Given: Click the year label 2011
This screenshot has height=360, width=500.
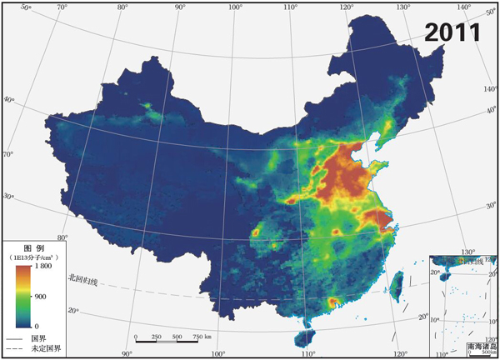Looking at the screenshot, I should point(452,32).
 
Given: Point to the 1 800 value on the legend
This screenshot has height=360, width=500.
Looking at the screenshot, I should point(44,267).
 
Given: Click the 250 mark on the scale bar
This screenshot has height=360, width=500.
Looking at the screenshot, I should point(157,337).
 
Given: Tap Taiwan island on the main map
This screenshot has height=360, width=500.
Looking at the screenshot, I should point(397,281).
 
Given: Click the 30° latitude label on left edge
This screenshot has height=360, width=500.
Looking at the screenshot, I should point(9,196).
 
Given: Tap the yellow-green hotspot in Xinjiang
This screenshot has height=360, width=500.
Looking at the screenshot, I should point(149,108).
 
